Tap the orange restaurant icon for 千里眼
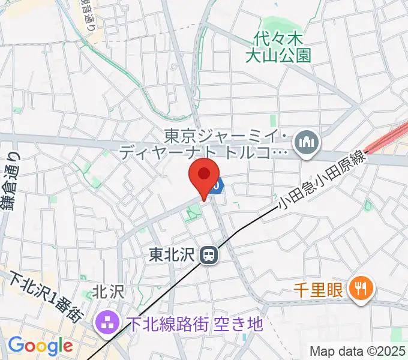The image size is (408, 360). (361, 290)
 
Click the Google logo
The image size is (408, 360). (40, 346)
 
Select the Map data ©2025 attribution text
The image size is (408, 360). (358, 350)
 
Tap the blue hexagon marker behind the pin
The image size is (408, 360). (218, 187)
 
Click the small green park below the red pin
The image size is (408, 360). (193, 212)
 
